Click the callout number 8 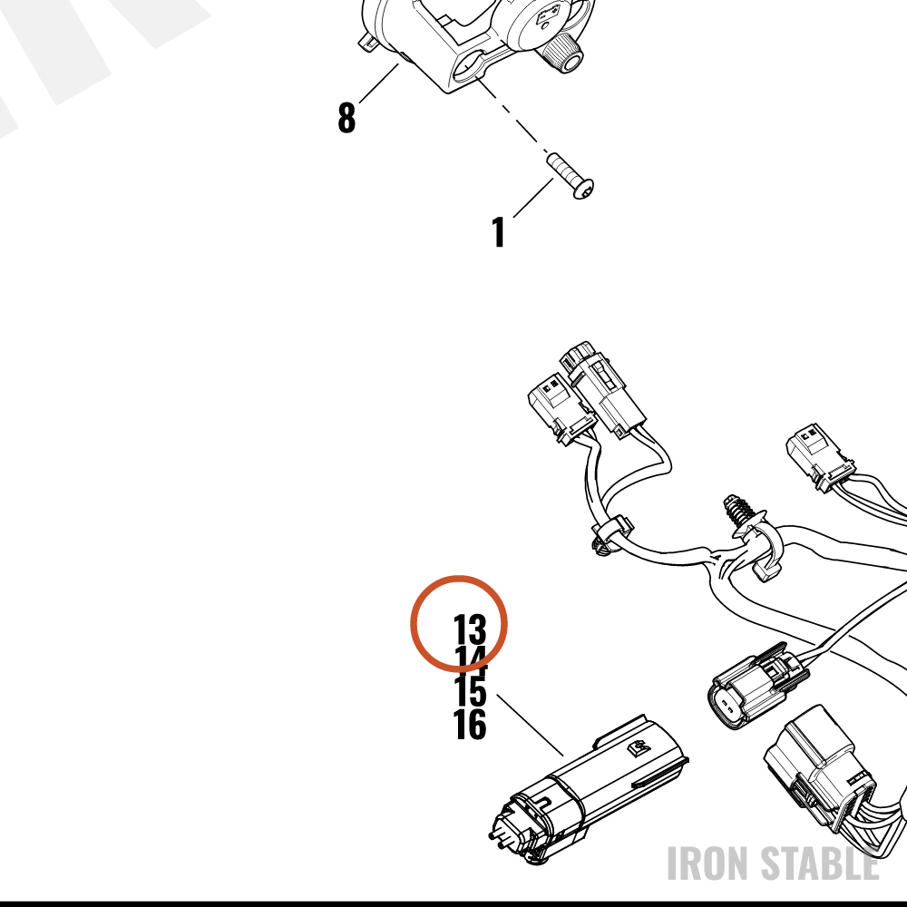(x=346, y=117)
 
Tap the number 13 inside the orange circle (x=470, y=629)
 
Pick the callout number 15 (x=470, y=692)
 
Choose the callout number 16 (x=470, y=724)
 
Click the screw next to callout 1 (x=571, y=176)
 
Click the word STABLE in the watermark (x=819, y=863)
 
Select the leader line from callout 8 (x=379, y=83)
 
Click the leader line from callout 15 (x=530, y=726)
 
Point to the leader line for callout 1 (x=533, y=198)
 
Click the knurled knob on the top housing (x=561, y=51)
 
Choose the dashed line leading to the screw (x=512, y=116)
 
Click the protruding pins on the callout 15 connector (x=497, y=840)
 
